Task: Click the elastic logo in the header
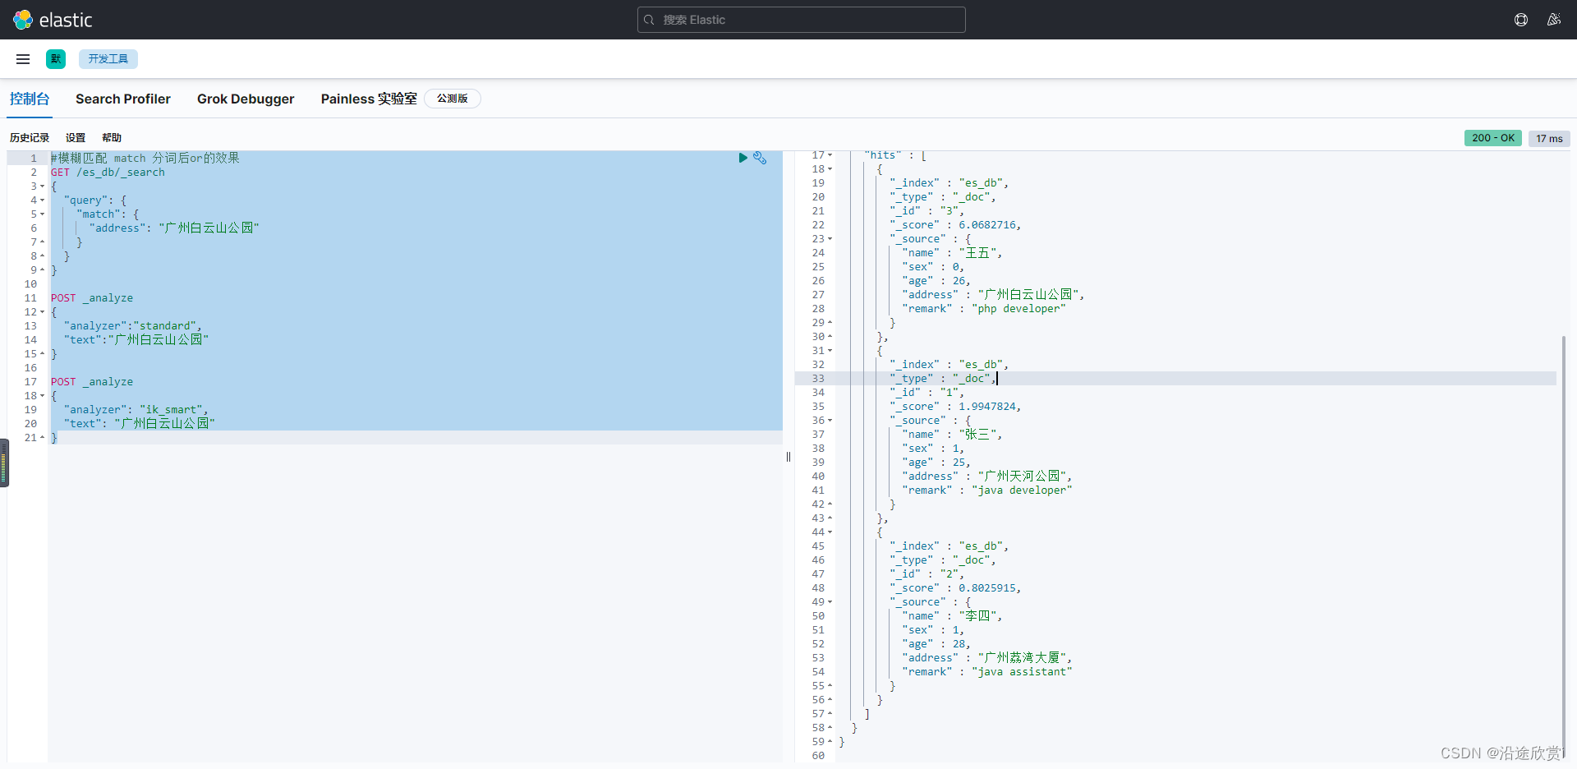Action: (x=53, y=20)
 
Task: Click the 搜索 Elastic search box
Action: (x=801, y=20)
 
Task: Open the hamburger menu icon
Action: (x=23, y=59)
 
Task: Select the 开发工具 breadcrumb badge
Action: (x=108, y=59)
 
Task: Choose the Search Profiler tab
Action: (x=123, y=99)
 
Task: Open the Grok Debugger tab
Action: (x=246, y=99)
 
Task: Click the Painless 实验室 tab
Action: (x=369, y=99)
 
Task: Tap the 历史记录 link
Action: (x=30, y=138)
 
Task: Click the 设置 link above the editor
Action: (x=76, y=138)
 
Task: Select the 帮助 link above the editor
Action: (x=112, y=138)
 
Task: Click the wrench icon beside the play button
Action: (x=760, y=158)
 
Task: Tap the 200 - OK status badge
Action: (x=1492, y=138)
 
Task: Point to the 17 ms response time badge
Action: (x=1549, y=139)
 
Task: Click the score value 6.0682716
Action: (x=988, y=225)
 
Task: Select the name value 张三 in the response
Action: (x=977, y=435)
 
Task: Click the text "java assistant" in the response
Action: (x=1023, y=672)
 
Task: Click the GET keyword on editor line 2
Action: (x=60, y=173)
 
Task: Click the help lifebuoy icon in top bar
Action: (x=1521, y=20)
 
